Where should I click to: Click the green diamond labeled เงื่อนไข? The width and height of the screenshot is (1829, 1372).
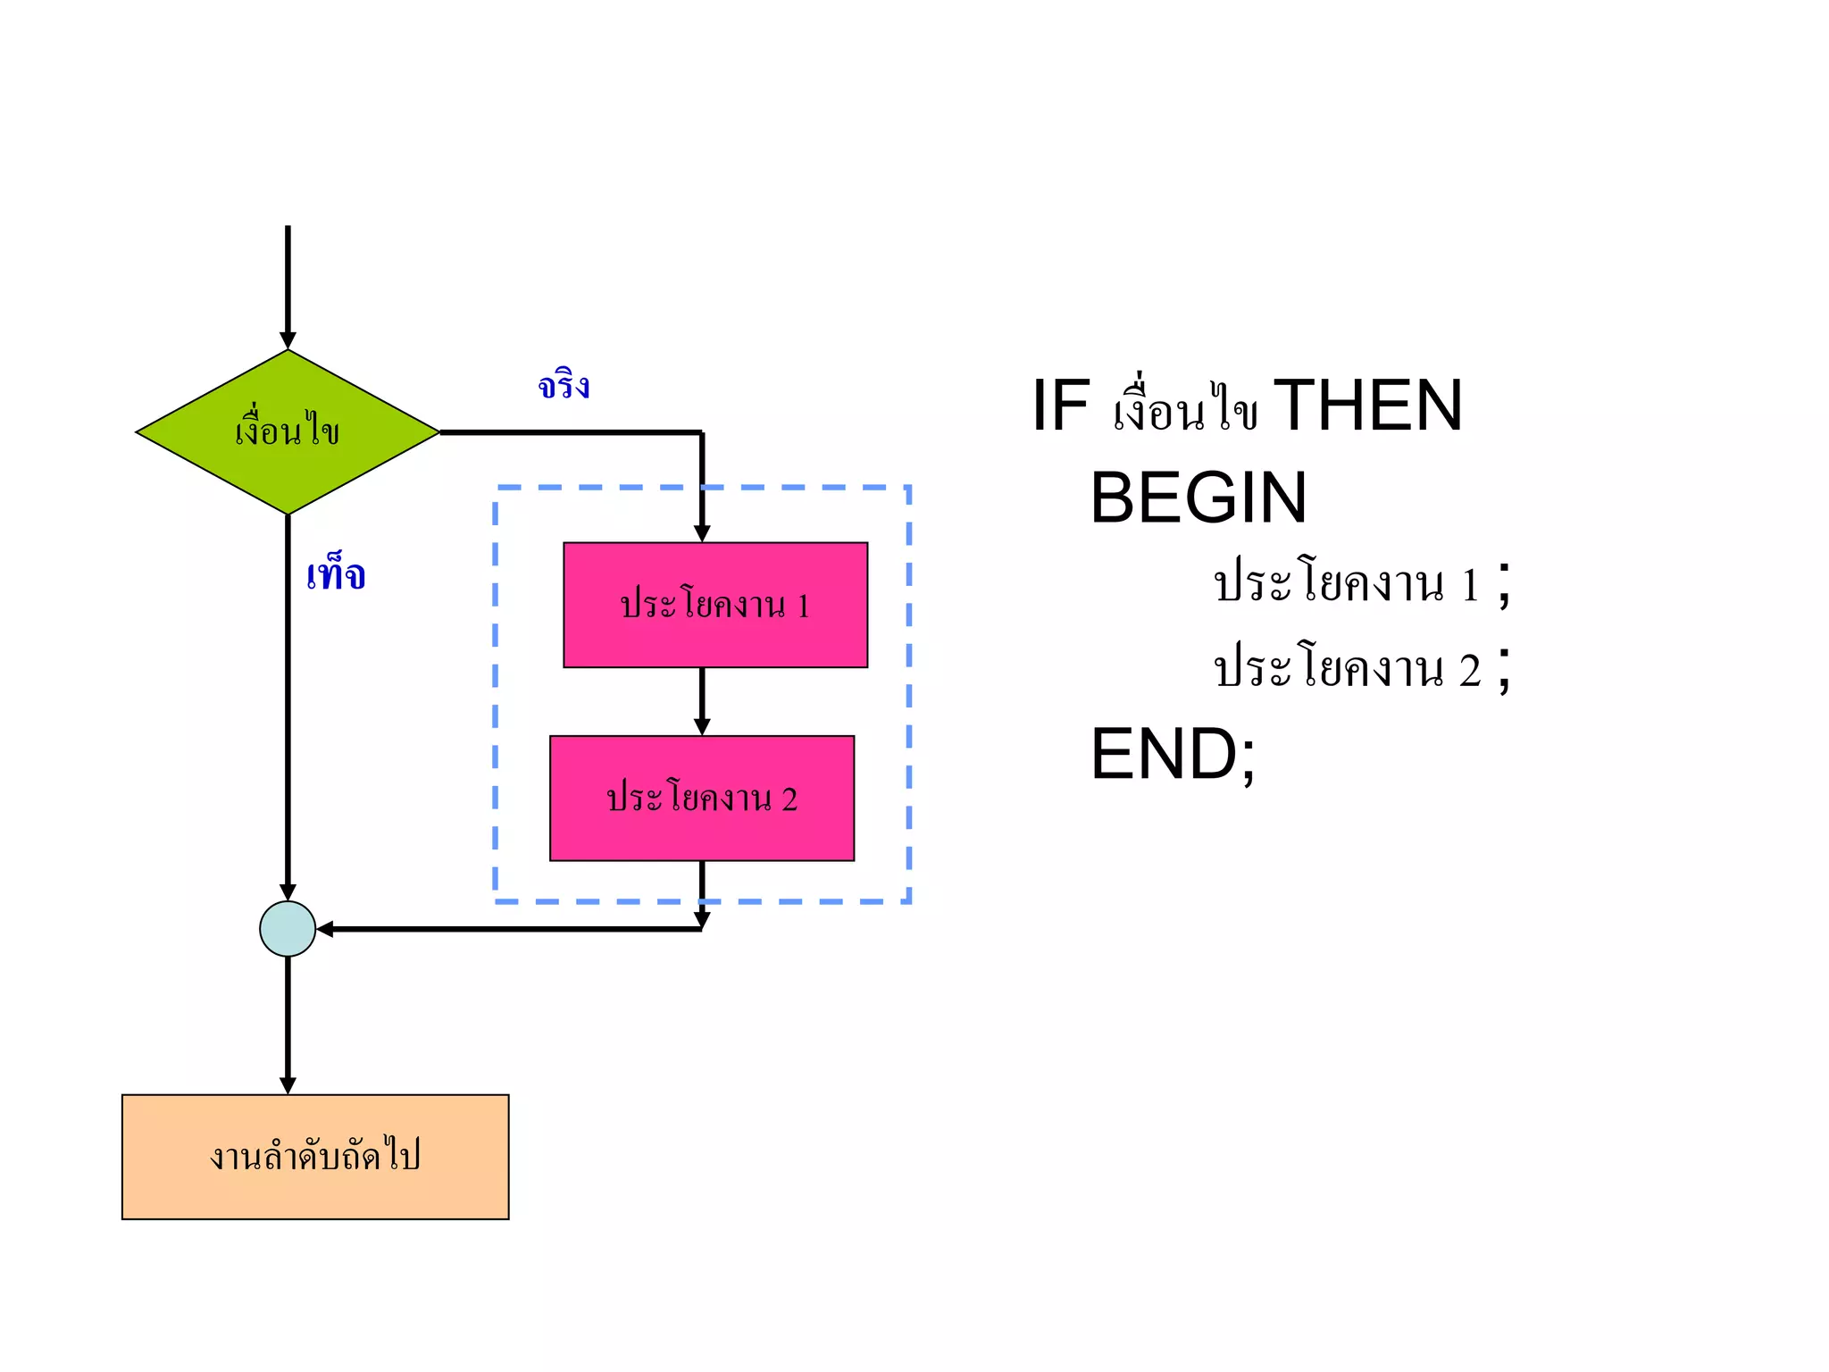coord(287,432)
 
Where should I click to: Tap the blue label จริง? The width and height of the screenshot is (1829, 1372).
coord(564,386)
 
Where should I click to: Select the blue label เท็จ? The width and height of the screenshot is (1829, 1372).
coord(336,574)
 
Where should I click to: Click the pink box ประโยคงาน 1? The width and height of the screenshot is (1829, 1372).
coord(714,605)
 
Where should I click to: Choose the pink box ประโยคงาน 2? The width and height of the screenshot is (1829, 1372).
coord(701,798)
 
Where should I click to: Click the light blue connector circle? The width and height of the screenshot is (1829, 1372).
coord(287,929)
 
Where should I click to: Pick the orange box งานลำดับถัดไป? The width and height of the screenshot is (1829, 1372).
coord(314,1157)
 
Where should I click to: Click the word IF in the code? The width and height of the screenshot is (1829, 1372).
coord(1061,406)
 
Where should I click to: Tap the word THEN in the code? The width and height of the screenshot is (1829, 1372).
coord(1367,406)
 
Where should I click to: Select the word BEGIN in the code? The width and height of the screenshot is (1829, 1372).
coord(1198,498)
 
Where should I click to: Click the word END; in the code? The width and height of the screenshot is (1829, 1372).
coord(1173,755)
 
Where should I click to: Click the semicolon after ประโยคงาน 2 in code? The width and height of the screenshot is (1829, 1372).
coord(1505,669)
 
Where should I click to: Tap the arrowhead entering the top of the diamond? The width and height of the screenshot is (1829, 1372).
coord(288,340)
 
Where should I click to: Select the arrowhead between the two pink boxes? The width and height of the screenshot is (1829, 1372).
coord(702,727)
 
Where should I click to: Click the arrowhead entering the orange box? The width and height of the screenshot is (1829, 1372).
coord(288,1085)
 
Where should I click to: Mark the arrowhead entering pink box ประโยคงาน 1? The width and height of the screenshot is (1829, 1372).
coord(702,533)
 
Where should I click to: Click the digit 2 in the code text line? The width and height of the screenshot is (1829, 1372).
coord(1469,671)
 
